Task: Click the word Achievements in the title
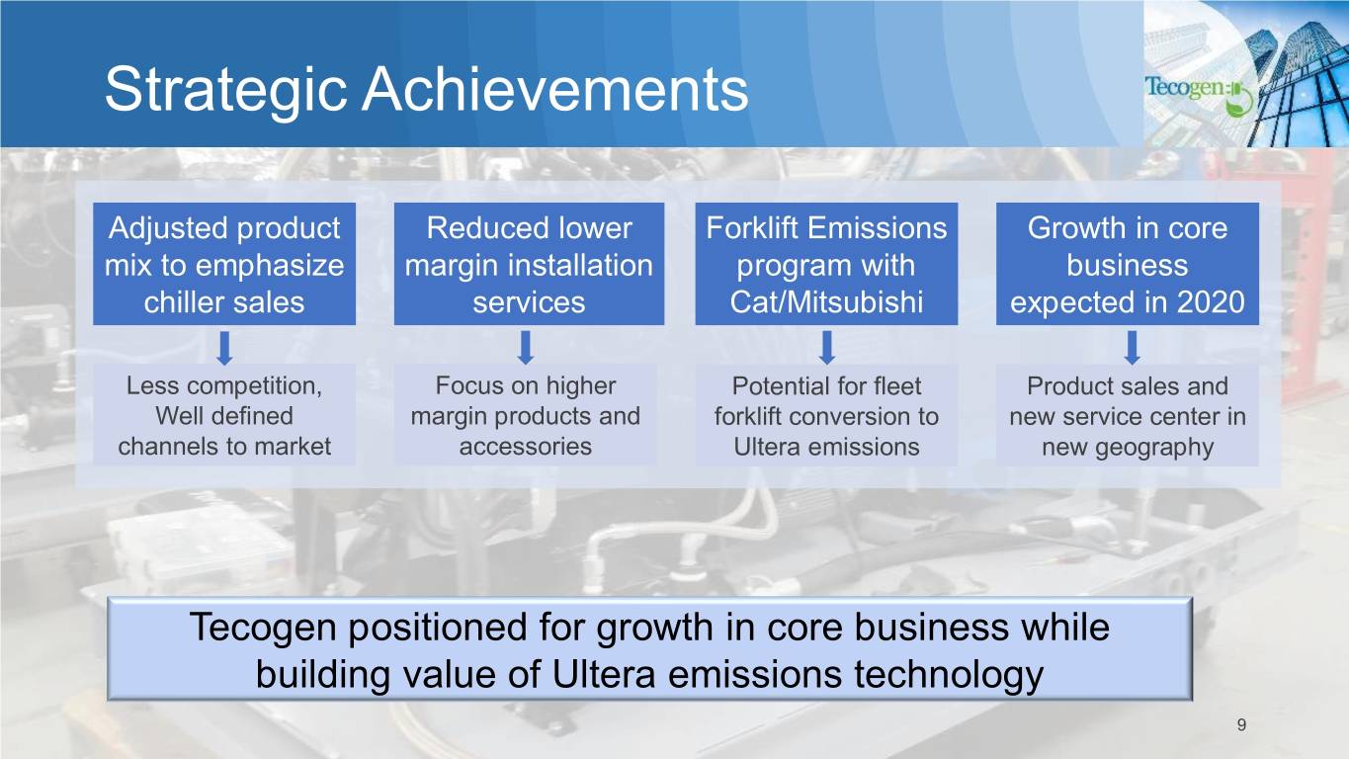(554, 89)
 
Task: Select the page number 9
(1241, 724)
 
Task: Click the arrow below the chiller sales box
(224, 348)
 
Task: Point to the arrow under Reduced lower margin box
(526, 347)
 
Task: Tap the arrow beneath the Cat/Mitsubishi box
(827, 347)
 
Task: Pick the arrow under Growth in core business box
(1133, 347)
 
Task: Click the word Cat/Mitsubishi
(826, 302)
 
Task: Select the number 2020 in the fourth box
(1211, 301)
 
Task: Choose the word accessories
(525, 447)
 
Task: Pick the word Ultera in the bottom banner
(604, 674)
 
